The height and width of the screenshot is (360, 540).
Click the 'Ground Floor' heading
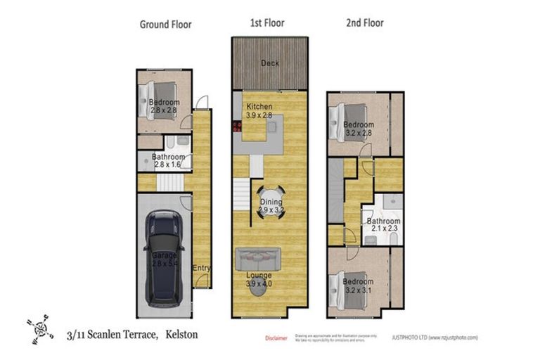[x=165, y=25]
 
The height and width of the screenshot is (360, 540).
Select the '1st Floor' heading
[x=267, y=23]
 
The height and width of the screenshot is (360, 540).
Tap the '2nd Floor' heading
[x=364, y=23]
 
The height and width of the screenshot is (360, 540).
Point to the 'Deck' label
[x=270, y=63]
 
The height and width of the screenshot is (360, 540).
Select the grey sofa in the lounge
[x=259, y=259]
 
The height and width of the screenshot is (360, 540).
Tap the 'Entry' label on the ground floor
[x=202, y=268]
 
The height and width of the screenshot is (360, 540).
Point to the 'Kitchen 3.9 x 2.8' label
[x=259, y=110]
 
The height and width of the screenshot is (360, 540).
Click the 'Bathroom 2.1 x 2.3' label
[x=382, y=225]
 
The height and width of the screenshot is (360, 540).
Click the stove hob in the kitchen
[x=237, y=127]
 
